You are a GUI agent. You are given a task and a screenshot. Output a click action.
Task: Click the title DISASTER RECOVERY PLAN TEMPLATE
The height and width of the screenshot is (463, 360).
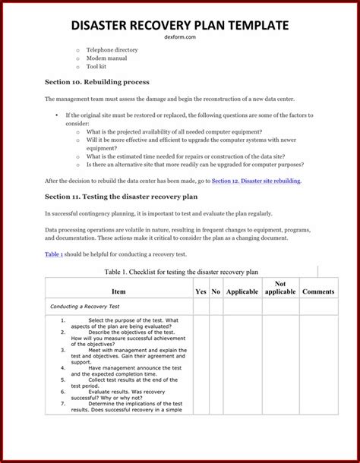179,25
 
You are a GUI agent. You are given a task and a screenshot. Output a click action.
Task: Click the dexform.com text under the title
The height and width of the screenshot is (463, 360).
179,38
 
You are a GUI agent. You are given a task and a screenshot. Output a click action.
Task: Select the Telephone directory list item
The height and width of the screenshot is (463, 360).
112,50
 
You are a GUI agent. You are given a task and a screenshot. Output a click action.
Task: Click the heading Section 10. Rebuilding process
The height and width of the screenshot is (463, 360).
96,82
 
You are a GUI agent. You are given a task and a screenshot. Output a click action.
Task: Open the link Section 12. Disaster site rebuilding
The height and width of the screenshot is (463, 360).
256,181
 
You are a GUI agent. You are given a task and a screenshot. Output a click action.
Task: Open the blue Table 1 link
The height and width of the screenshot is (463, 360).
54,254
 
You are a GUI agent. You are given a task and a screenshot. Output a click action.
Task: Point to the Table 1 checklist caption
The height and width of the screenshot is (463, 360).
180,271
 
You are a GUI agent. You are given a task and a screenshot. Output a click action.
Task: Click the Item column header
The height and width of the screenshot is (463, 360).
118,291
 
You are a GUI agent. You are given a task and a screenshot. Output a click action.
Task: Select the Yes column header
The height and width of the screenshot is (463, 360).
201,291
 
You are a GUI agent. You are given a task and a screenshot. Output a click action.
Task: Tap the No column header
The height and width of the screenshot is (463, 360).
216,291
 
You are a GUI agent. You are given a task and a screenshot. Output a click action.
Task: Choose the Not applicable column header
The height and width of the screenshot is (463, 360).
280,288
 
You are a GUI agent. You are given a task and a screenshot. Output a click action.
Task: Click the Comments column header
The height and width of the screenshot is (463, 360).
318,291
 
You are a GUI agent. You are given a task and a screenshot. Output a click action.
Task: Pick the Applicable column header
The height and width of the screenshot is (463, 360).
242,291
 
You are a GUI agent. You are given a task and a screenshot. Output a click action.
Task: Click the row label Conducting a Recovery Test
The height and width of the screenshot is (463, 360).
84,307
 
